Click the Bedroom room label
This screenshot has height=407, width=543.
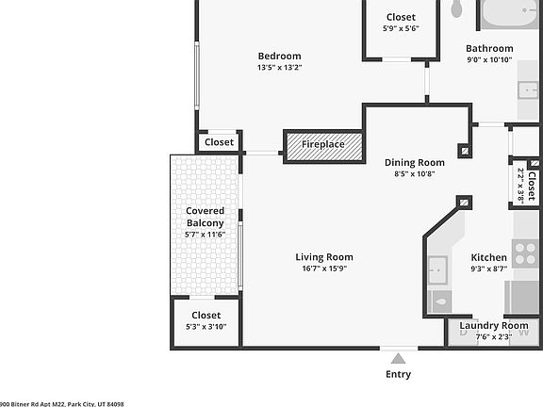(x=279, y=56)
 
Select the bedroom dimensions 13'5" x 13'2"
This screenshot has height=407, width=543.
(x=279, y=68)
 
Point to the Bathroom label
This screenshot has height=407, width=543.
(x=489, y=48)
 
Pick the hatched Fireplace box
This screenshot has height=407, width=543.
(x=323, y=145)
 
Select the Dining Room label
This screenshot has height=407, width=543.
(x=414, y=162)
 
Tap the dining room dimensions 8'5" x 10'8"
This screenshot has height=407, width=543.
(x=414, y=174)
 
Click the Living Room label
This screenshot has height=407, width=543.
(x=323, y=257)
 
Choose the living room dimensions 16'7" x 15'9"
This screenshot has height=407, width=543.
(x=323, y=269)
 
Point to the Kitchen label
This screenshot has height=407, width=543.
(x=488, y=257)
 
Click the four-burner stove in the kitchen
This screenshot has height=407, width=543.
(x=525, y=252)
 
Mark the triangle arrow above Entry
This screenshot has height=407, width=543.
(x=399, y=358)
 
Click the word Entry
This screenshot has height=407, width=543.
(x=399, y=374)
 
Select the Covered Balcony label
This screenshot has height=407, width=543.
(x=205, y=217)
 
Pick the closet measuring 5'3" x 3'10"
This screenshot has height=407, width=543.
(x=206, y=321)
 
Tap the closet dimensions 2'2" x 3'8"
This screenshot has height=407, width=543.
(x=520, y=186)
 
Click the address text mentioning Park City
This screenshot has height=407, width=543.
(x=61, y=402)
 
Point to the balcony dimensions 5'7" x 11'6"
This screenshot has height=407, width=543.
(x=205, y=234)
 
